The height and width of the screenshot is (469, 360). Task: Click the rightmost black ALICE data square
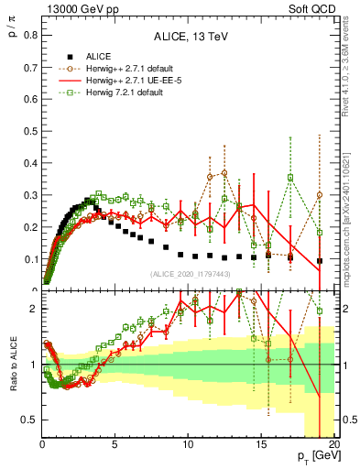pos(319,260)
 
